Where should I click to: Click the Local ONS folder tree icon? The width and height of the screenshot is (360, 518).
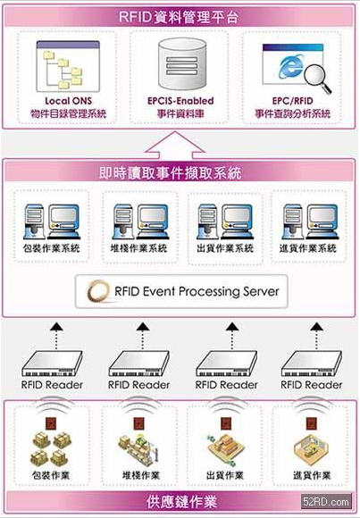click(x=68, y=66)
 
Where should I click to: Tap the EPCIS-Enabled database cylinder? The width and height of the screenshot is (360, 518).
click(x=182, y=64)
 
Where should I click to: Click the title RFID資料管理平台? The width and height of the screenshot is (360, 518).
click(x=179, y=16)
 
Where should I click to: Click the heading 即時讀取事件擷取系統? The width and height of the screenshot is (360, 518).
click(x=171, y=172)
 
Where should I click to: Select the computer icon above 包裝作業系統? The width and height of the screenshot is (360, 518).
click(x=52, y=221)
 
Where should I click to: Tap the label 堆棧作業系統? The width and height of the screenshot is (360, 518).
click(x=138, y=248)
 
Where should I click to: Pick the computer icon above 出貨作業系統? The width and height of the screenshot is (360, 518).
click(x=225, y=221)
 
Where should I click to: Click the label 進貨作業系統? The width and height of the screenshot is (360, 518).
click(x=308, y=248)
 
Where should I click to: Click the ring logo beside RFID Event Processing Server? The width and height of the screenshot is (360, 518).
click(x=98, y=291)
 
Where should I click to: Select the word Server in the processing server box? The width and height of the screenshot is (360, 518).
click(x=261, y=291)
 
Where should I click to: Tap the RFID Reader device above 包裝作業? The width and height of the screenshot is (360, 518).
click(x=52, y=363)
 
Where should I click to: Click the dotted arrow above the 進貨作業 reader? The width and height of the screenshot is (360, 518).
click(x=317, y=336)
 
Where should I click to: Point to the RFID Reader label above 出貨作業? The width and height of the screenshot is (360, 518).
click(x=226, y=385)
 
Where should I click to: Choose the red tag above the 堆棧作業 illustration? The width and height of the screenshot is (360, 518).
click(x=138, y=423)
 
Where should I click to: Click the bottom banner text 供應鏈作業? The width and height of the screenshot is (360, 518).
click(x=182, y=502)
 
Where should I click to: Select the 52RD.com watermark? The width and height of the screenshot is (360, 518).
click(x=326, y=502)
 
